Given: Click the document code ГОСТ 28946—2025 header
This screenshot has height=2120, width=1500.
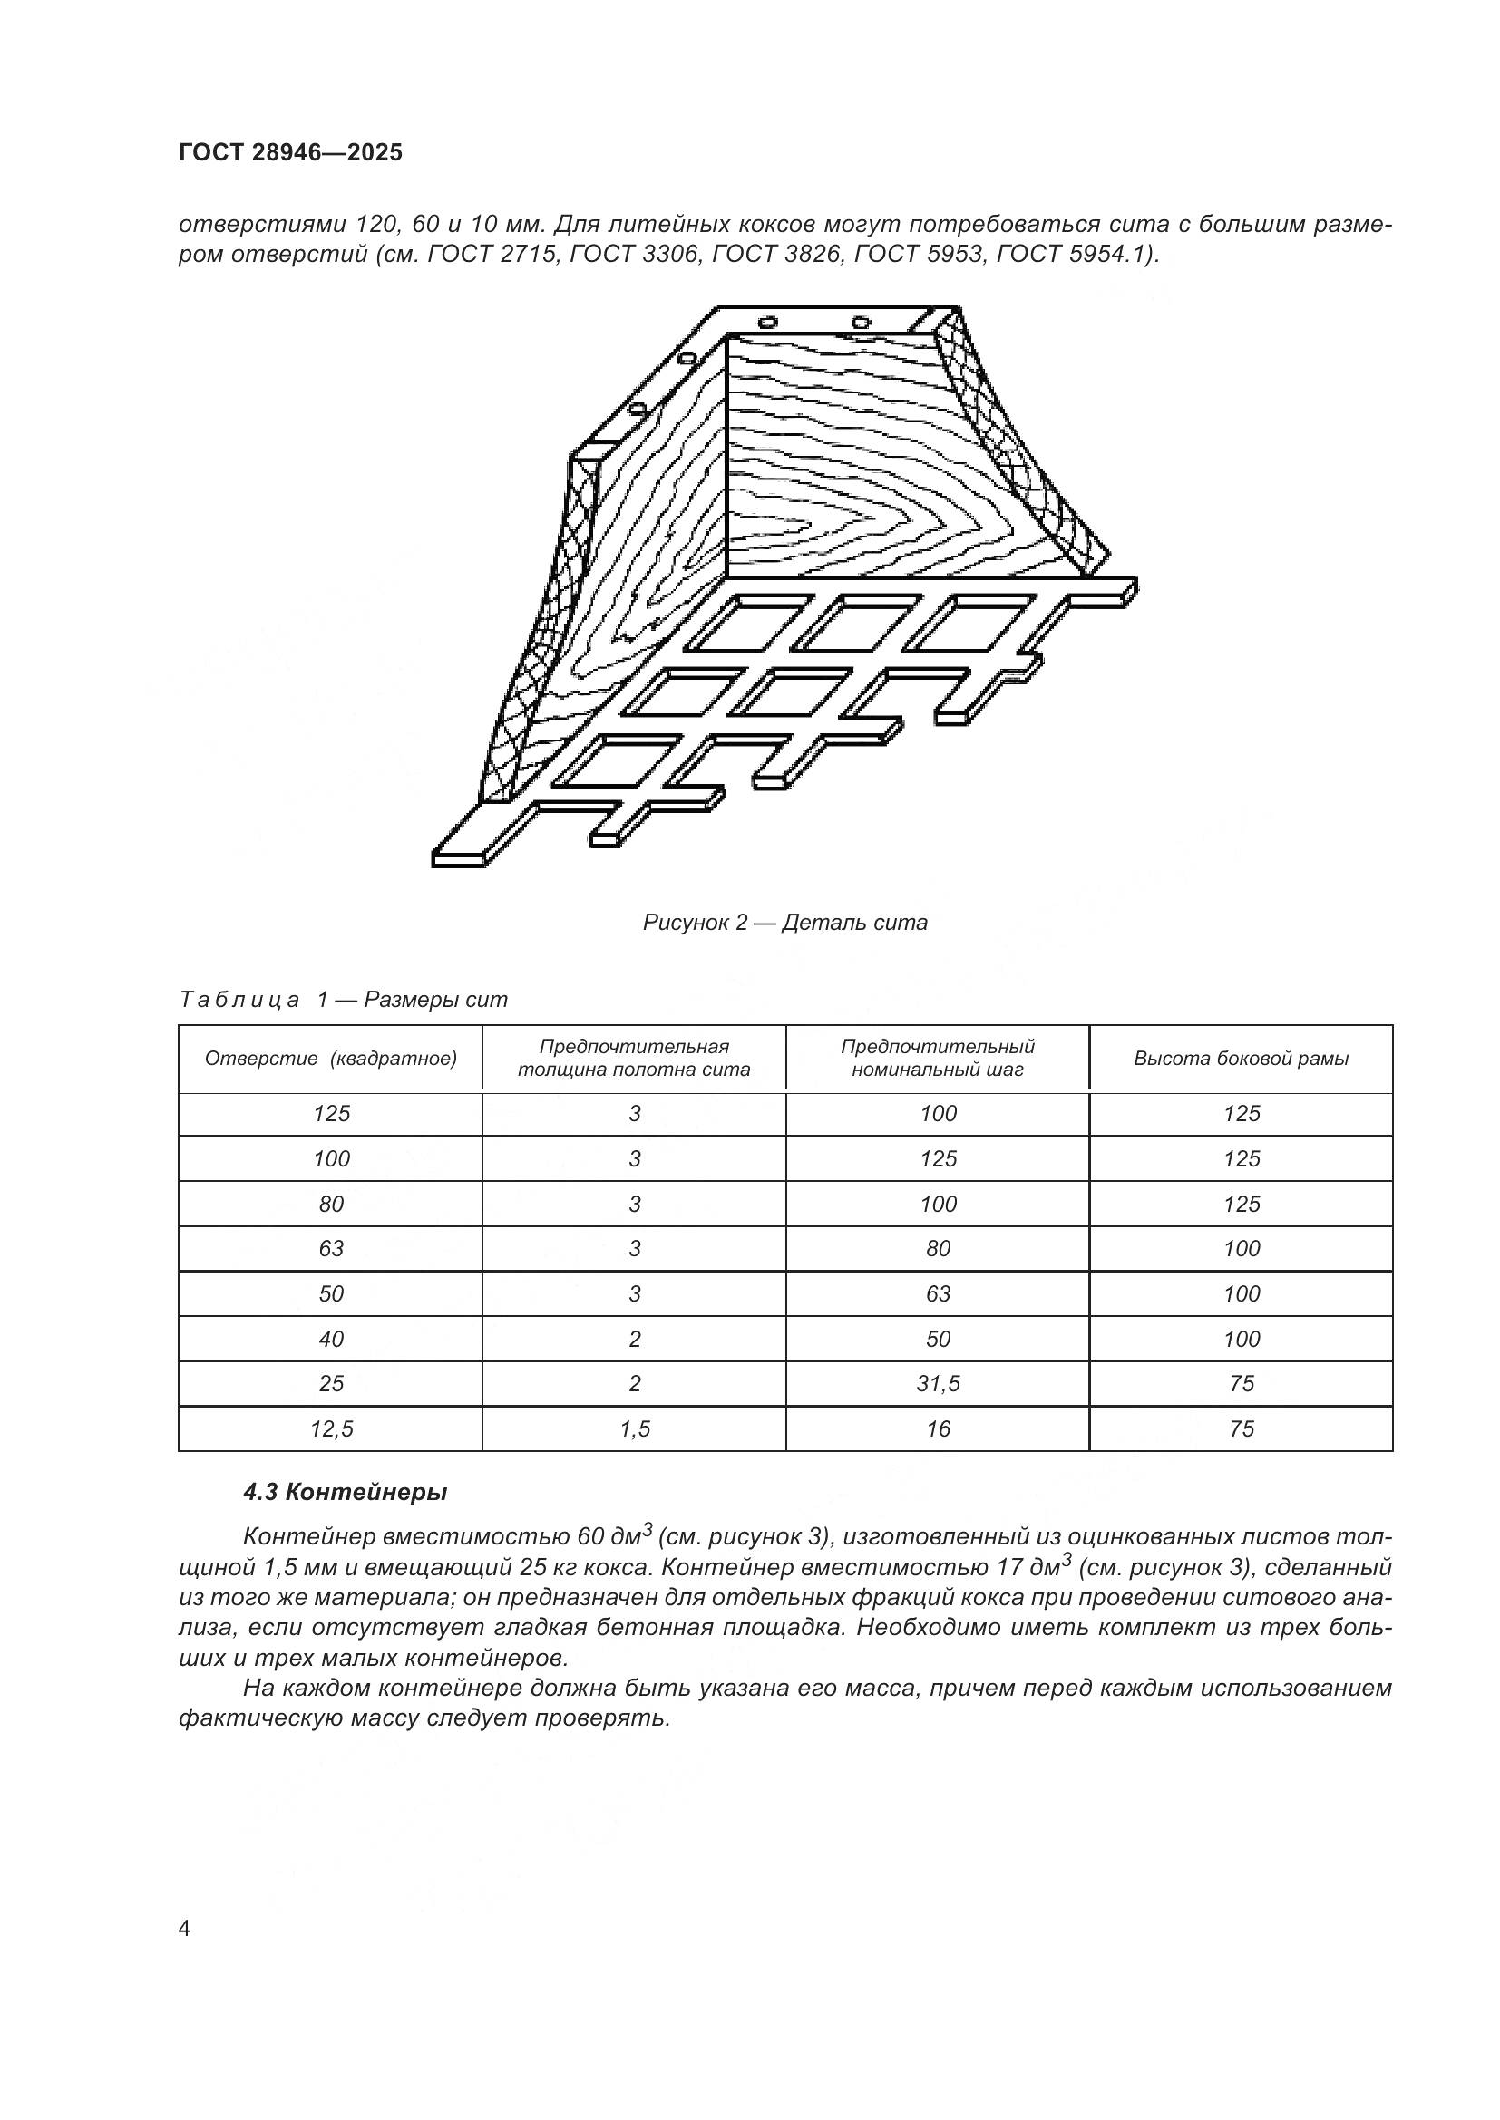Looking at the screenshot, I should pyautogui.click(x=290, y=152).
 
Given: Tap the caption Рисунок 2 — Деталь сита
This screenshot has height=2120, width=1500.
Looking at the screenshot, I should pyautogui.click(x=785, y=923).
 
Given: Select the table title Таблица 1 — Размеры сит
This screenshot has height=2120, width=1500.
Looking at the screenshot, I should pyautogui.click(x=343, y=1000).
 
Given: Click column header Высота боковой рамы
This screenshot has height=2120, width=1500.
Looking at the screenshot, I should pyautogui.click(x=1241, y=1058).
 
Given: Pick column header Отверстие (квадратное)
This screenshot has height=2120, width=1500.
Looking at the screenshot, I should pyautogui.click(x=331, y=1058).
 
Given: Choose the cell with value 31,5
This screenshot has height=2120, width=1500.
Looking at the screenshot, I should pyautogui.click(x=938, y=1383).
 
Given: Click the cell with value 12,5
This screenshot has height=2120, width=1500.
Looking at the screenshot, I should pyautogui.click(x=331, y=1429).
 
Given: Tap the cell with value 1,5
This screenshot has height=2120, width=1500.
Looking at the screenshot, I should pyautogui.click(x=635, y=1429).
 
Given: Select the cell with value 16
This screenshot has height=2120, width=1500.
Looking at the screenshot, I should pyautogui.click(x=938, y=1429).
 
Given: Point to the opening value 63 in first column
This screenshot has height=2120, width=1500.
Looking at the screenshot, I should pyautogui.click(x=331, y=1248).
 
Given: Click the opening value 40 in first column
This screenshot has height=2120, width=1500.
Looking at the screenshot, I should pyautogui.click(x=331, y=1339).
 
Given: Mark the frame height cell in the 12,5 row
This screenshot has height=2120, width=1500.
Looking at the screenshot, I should pyautogui.click(x=1241, y=1429).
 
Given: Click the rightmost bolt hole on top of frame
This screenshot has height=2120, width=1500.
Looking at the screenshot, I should pyautogui.click(x=860, y=323).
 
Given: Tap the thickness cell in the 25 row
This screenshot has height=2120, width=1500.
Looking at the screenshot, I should pyautogui.click(x=635, y=1383).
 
